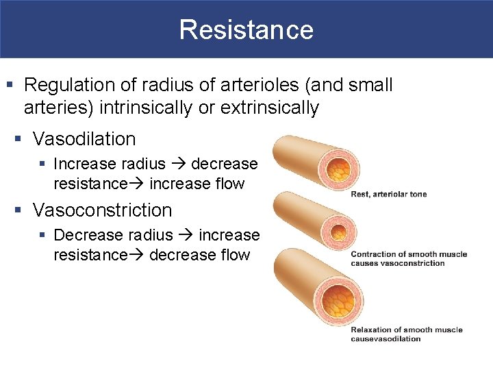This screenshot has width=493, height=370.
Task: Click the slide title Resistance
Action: [x=246, y=29]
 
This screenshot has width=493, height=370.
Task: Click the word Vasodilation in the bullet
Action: [x=84, y=139]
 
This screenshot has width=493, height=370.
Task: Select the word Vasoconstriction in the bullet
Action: [x=102, y=210]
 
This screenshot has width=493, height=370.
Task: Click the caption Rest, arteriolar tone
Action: [x=388, y=194]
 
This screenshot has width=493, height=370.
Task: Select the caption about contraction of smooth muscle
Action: [x=408, y=258]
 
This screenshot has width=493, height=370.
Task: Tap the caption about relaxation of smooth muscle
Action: [x=407, y=334]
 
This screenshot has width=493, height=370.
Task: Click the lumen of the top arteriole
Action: [x=336, y=169]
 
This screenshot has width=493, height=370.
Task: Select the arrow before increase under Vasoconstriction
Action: [x=186, y=236]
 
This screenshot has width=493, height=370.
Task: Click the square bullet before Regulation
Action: [x=10, y=86]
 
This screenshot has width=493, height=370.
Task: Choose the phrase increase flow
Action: [x=197, y=184]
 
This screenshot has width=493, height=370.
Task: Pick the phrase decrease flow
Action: [x=199, y=255]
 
